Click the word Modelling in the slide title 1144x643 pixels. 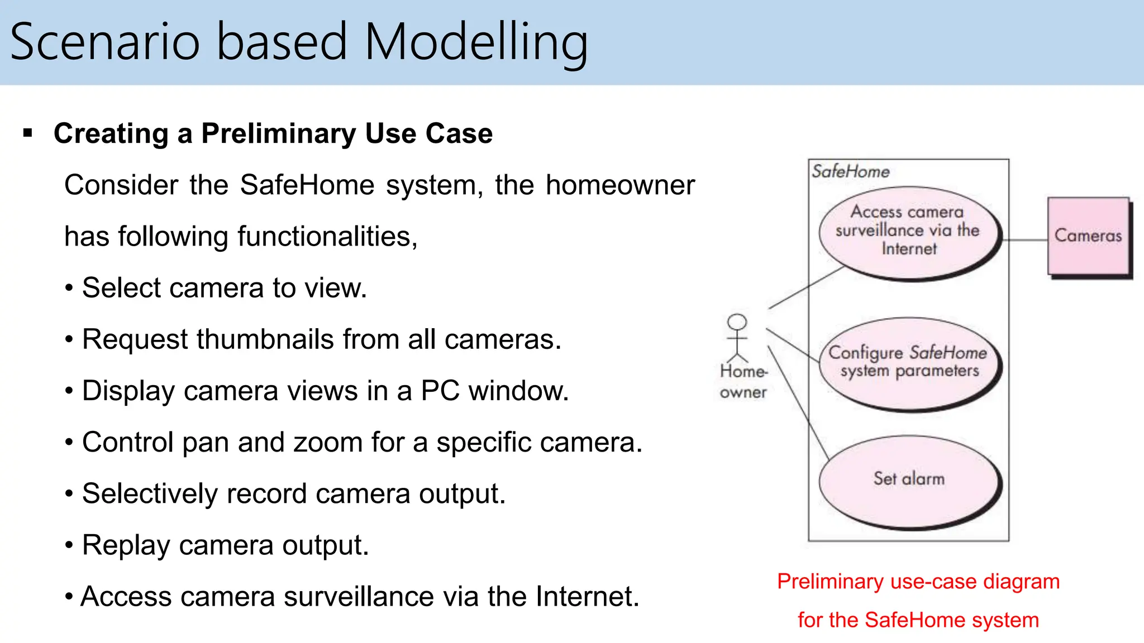coord(476,42)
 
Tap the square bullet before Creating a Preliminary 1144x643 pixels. coord(28,133)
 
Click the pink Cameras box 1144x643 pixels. coord(1088,236)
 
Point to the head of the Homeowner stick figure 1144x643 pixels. coord(737,322)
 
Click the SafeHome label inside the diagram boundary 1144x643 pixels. coord(850,171)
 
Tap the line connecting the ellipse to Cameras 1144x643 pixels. coord(1025,240)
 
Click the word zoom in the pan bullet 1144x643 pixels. coord(328,443)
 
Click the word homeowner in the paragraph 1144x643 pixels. coord(620,185)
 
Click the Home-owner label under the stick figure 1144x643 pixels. coord(743,382)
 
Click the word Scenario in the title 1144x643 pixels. coord(105,42)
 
